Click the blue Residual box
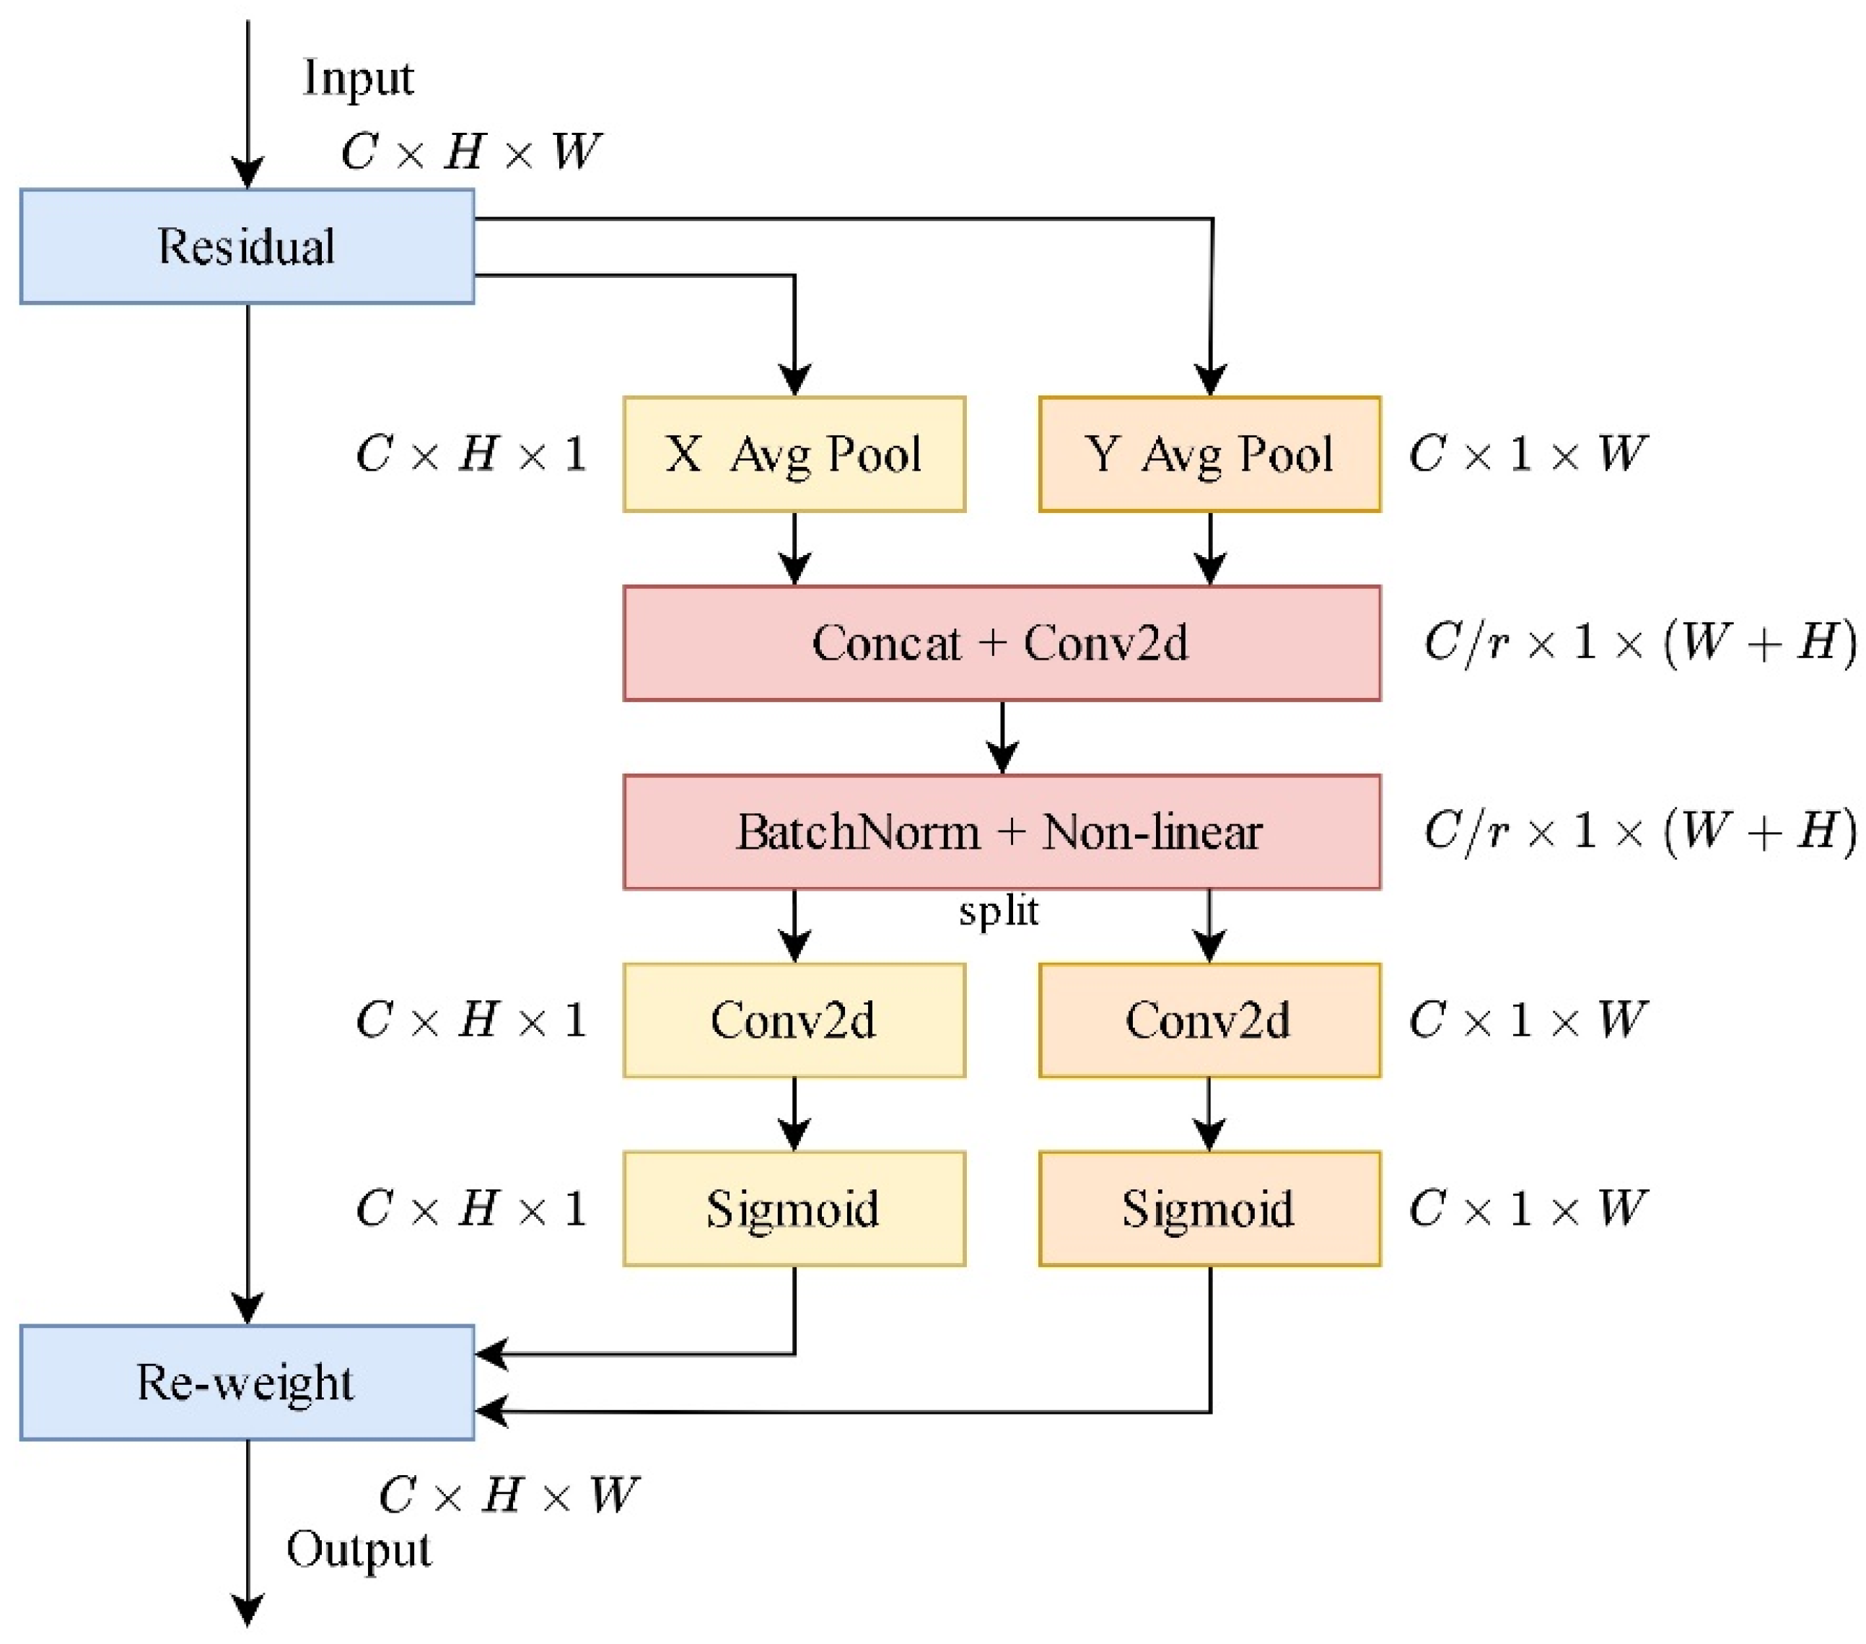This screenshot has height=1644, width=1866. pyautogui.click(x=247, y=247)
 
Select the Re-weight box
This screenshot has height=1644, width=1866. pyautogui.click(x=247, y=1382)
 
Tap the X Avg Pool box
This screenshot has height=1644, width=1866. pyautogui.click(x=794, y=454)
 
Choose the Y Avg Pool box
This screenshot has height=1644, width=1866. pyautogui.click(x=1209, y=454)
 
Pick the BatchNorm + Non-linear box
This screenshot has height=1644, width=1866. pyautogui.click(x=1002, y=831)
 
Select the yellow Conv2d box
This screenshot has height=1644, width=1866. pyautogui.click(x=794, y=1020)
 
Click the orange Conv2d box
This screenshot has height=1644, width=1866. pyautogui.click(x=1209, y=1020)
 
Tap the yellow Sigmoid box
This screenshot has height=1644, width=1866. pyautogui.click(x=794, y=1209)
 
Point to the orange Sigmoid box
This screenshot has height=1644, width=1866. pyautogui.click(x=1209, y=1209)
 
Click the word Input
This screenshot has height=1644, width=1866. pyautogui.click(x=358, y=79)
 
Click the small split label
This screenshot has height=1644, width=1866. pyautogui.click(x=999, y=911)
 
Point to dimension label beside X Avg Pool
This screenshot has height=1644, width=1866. pyautogui.click(x=471, y=454)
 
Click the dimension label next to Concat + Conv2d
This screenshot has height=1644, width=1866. pyautogui.click(x=1639, y=642)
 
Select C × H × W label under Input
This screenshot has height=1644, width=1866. pyautogui.click(x=471, y=152)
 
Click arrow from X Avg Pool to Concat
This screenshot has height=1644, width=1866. pyautogui.click(x=794, y=548)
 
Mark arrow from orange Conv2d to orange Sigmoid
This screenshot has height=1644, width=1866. pyautogui.click(x=1209, y=1114)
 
